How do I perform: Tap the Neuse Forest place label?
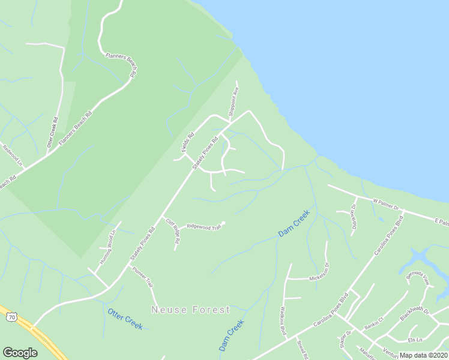pyautogui.click(x=191, y=310)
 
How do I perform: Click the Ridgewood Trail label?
pyautogui.click(x=203, y=226)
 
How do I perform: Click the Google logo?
pyautogui.click(x=20, y=352)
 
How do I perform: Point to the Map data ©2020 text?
pyautogui.click(x=423, y=355)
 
